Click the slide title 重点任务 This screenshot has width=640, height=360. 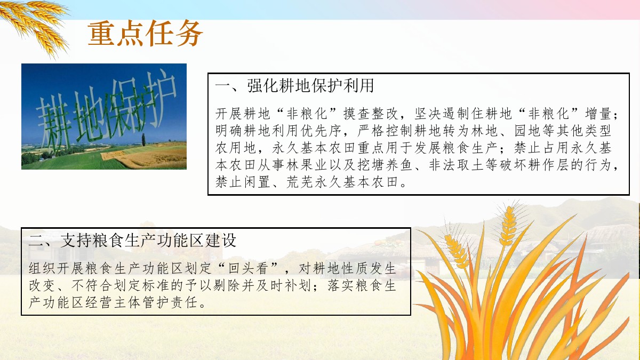tap(145, 34)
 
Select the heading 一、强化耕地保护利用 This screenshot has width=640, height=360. tap(294, 85)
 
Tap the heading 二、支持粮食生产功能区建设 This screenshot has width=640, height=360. tap(132, 240)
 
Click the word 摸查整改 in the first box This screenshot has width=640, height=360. tap(371, 114)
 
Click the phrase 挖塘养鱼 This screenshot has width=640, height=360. tap(385, 165)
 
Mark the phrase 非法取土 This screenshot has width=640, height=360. tap(457, 165)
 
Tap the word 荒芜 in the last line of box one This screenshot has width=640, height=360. tap(299, 182)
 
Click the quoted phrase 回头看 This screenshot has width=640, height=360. tap(248, 268)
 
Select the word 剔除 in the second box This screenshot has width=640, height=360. tap(227, 285)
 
